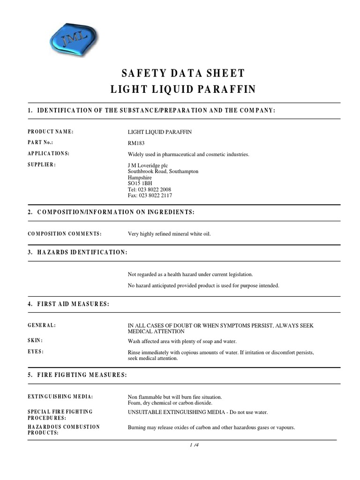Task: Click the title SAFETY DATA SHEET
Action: (183, 73)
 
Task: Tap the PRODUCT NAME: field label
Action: (51, 131)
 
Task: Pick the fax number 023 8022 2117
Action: (154, 195)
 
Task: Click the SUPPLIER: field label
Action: (42, 165)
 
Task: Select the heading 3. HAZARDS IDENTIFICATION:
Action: (77, 252)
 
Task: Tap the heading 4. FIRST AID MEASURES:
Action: (68, 304)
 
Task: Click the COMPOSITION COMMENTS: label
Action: (65, 233)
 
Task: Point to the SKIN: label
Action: (35, 340)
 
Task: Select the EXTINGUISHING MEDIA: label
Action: (60, 397)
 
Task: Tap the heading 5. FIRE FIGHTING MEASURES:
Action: (77, 375)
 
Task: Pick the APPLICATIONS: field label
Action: (48, 153)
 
